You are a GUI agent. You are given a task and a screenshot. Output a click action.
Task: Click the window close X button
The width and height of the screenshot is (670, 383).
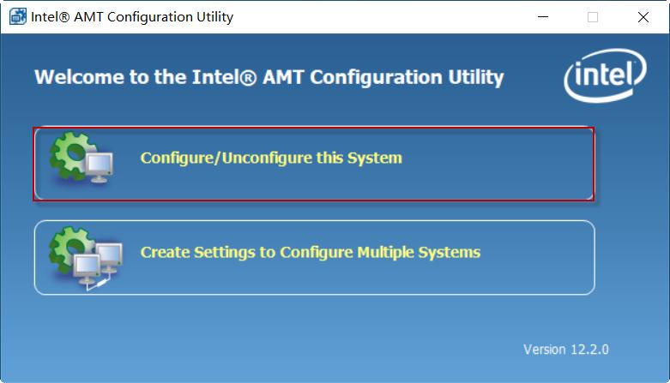point(643,17)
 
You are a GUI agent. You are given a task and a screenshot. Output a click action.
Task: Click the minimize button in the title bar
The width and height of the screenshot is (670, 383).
point(542,17)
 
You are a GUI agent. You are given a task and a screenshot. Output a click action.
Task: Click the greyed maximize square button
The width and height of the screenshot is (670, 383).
point(593,17)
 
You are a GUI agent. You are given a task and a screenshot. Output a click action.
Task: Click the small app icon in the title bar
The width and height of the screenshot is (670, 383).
point(17,17)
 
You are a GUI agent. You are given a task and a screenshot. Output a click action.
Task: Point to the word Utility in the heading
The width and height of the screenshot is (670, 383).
point(475,77)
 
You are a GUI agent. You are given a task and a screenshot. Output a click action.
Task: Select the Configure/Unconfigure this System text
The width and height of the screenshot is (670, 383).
point(271,159)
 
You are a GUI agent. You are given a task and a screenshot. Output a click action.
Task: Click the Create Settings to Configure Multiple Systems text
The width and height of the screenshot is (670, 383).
point(310,253)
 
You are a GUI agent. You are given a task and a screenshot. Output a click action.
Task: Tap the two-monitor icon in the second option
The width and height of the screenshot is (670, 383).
point(97,261)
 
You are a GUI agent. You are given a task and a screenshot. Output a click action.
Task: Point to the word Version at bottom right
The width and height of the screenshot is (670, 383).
point(545,350)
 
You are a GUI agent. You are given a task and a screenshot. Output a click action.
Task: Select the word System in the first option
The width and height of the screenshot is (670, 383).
point(375,159)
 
